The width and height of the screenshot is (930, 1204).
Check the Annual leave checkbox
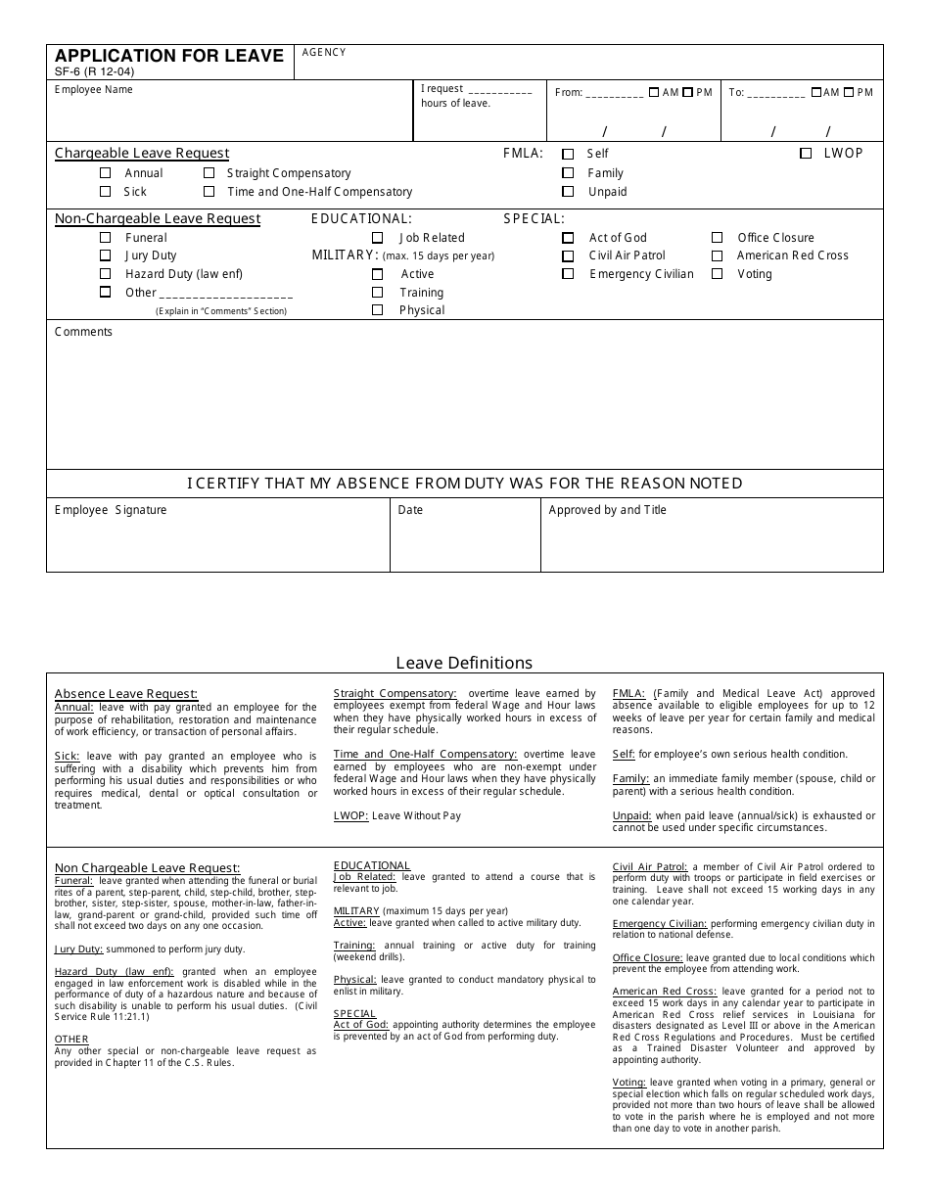106,173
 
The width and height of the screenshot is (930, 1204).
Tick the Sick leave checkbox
106,192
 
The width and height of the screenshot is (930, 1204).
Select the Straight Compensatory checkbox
209,173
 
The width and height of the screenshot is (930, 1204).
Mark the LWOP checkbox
806,154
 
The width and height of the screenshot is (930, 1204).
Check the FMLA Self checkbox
568,154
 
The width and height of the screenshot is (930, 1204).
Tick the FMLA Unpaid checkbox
568,192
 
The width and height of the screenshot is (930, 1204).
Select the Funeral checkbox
106,238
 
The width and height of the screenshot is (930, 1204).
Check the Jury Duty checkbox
106,255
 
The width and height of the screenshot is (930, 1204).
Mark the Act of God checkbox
568,238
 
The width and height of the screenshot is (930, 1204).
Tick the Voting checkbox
717,274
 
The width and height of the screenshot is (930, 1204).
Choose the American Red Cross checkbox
717,255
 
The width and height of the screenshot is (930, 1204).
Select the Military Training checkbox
377,293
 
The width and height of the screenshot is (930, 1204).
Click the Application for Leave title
168,56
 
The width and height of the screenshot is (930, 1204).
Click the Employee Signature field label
111,510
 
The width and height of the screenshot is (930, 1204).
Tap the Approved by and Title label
607,510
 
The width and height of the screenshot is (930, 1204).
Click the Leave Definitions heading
464,663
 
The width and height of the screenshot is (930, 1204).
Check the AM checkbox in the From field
654,93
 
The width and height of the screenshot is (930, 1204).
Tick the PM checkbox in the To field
849,93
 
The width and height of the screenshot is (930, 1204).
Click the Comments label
83,332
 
